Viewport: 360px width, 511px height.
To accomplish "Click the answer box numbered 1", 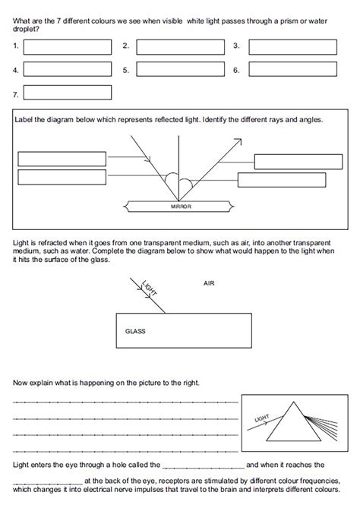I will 68,46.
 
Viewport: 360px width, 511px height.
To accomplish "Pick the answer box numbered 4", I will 68,70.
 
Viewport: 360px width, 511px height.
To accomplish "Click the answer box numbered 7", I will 68,93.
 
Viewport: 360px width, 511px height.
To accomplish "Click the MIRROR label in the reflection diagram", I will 181,207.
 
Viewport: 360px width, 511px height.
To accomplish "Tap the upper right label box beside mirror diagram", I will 293,162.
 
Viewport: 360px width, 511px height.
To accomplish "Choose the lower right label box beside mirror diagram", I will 281,180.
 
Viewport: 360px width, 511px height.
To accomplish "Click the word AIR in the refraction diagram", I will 210,283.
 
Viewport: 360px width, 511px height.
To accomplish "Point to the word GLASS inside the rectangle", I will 134,332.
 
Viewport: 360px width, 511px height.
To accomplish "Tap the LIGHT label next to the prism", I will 263,418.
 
